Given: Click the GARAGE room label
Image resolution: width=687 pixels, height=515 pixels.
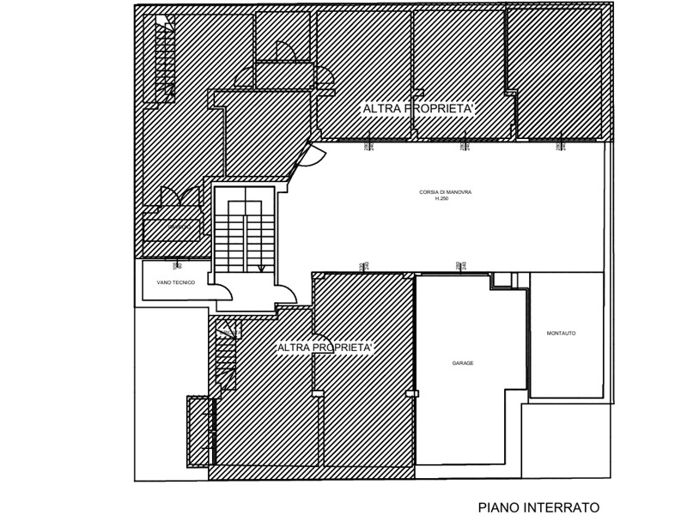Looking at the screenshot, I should tap(463, 363).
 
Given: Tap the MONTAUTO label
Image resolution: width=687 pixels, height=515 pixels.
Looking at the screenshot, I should tap(561, 333).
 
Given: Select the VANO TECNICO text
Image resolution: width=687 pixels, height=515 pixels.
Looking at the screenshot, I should tap(177, 282).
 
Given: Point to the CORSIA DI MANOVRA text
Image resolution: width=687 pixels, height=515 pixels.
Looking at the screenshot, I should tap(446, 192).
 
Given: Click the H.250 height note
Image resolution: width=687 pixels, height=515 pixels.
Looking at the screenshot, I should tap(442, 199).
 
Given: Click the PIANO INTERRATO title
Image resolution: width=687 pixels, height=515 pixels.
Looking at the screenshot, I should tap(538, 507).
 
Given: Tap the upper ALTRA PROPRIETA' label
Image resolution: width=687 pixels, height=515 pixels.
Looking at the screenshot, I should tap(418, 109).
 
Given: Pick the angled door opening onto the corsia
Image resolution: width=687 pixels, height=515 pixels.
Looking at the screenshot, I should tap(311, 157).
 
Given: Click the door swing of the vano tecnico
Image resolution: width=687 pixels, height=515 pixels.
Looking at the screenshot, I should tap(222, 292).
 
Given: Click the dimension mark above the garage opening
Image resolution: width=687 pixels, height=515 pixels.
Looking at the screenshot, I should tap(459, 266).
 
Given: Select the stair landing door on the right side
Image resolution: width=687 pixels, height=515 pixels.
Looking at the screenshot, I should tap(287, 294).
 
